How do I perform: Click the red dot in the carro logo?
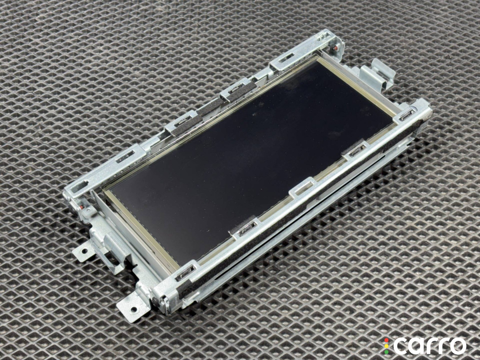386,340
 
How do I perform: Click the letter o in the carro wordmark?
457,346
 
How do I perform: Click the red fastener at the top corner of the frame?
336,48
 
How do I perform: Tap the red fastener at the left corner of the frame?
82,208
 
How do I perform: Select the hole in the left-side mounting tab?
83,252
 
